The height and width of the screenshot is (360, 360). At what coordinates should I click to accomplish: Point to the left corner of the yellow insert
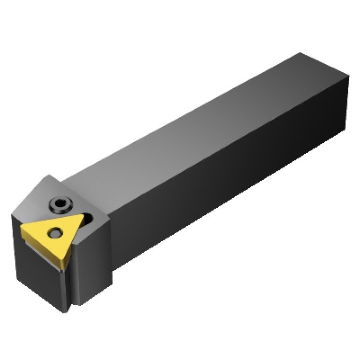(21, 228)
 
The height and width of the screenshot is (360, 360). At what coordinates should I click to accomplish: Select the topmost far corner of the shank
(299, 53)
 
